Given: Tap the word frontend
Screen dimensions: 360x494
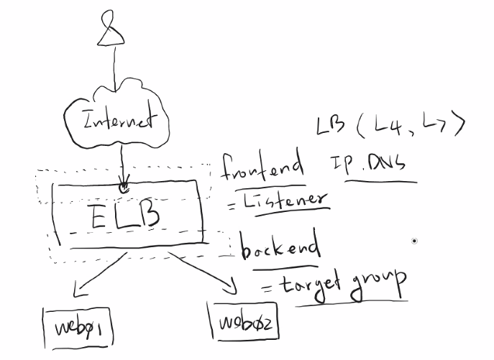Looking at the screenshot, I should pyautogui.click(x=262, y=167).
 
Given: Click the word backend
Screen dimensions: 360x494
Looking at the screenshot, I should pyautogui.click(x=280, y=248).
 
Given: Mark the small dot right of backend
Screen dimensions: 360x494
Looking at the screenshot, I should pyautogui.click(x=413, y=241).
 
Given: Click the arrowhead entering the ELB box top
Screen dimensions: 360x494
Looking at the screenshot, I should pyautogui.click(x=124, y=186).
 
